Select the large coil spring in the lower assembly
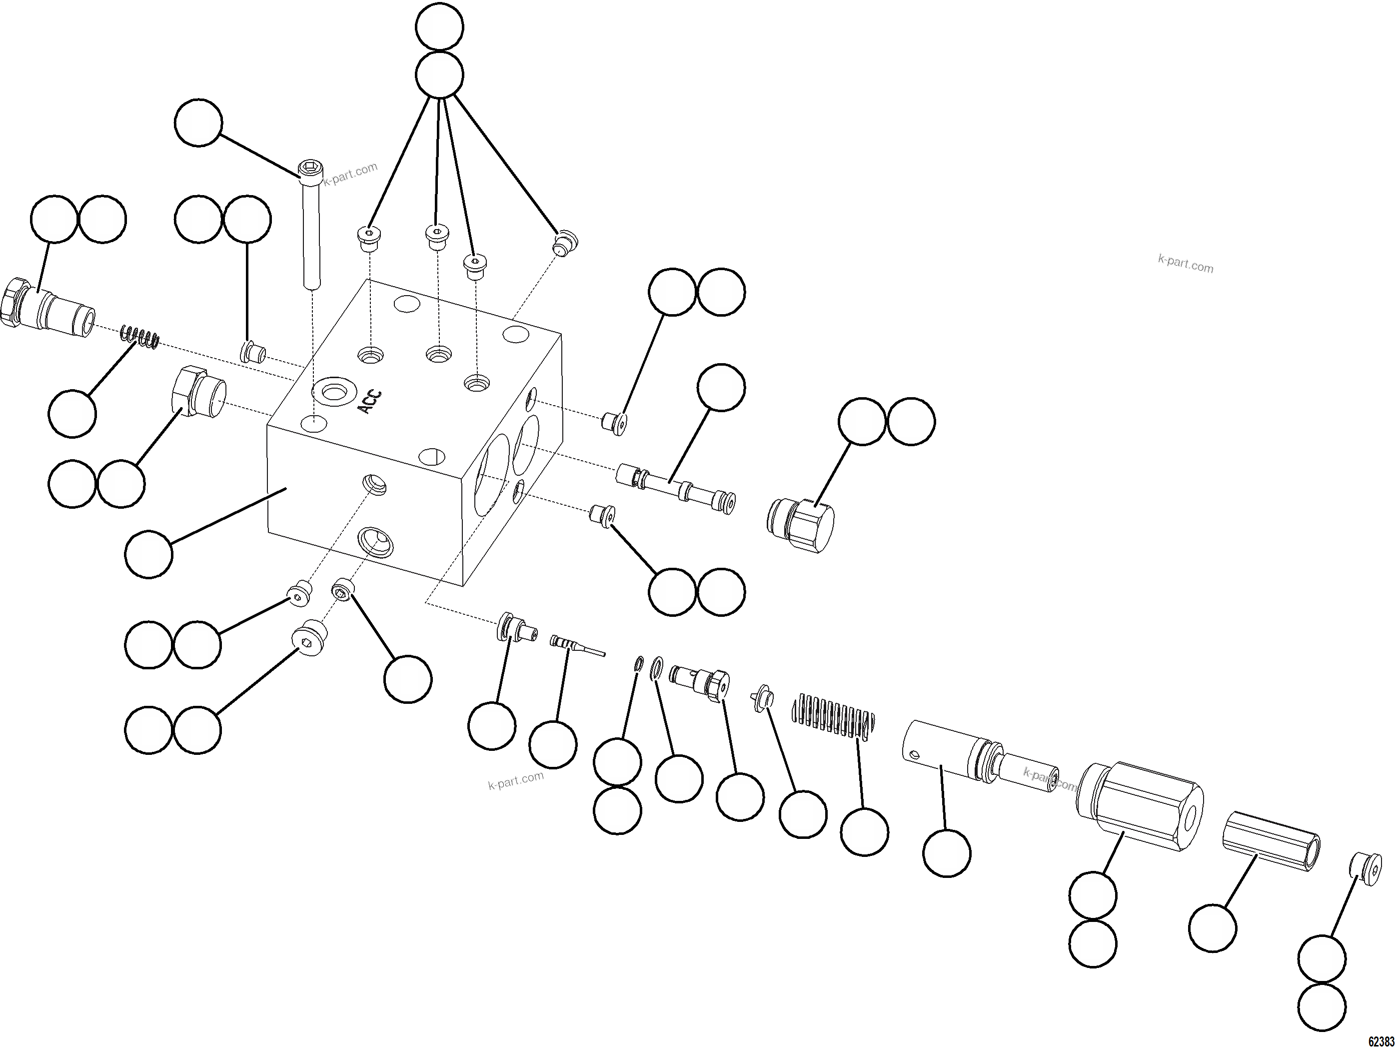pyautogui.click(x=834, y=716)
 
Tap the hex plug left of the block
pyautogui.click(x=199, y=392)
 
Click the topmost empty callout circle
pyautogui.click(x=439, y=26)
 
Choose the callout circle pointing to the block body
pyautogui.click(x=149, y=554)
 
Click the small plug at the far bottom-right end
pyautogui.click(x=1366, y=869)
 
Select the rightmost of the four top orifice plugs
pyautogui.click(x=565, y=243)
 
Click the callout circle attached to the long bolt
pyautogui.click(x=198, y=123)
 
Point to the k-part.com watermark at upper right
pyautogui.click(x=1186, y=264)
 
